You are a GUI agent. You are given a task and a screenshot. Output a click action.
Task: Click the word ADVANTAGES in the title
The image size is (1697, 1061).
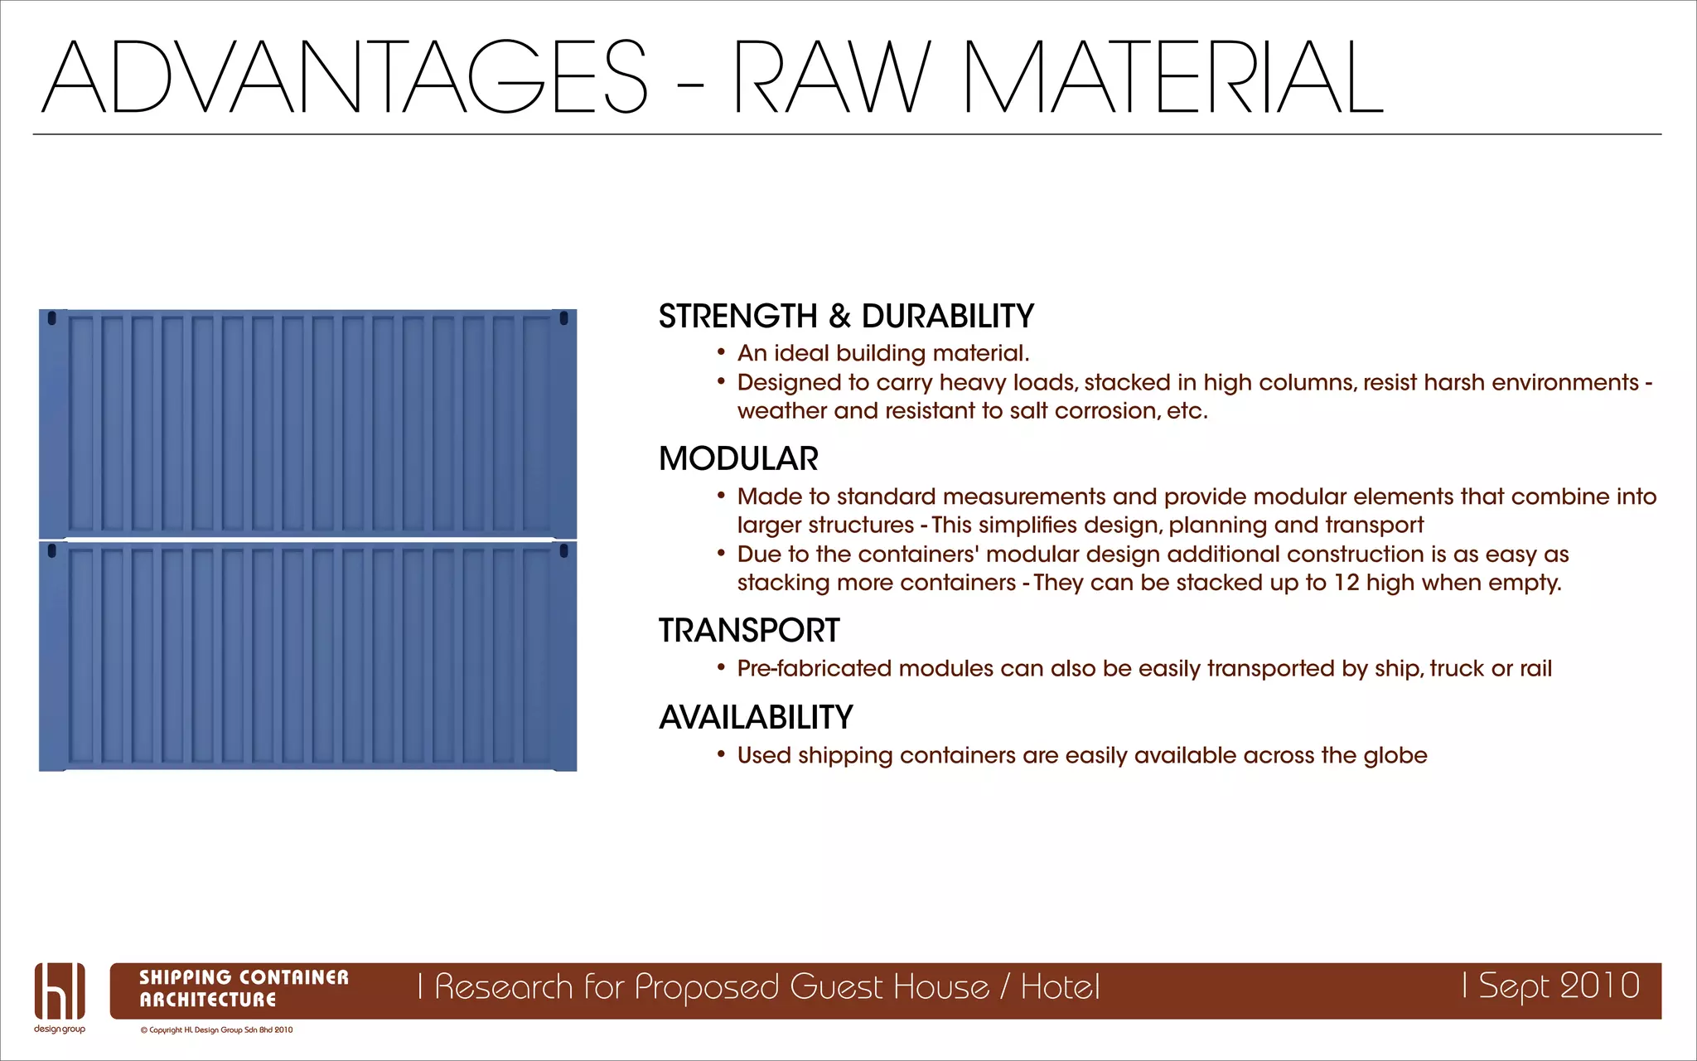pos(344,77)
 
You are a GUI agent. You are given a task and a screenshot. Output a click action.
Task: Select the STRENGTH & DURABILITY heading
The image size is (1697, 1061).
pos(846,317)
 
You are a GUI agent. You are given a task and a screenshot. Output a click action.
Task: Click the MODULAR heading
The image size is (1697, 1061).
pos(738,459)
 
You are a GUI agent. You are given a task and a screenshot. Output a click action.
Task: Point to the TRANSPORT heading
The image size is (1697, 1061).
pos(749,631)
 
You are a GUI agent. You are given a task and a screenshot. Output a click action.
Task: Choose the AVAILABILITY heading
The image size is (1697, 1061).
pos(756,718)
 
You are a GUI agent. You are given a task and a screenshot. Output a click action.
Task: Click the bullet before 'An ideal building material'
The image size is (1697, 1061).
pos(721,352)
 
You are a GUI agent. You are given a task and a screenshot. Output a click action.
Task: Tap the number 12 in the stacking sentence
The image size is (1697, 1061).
pos(1346,583)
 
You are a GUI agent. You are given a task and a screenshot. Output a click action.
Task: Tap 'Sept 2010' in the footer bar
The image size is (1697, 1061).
pos(1558,986)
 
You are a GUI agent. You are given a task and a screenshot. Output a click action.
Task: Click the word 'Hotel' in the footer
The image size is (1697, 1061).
pos(1060,987)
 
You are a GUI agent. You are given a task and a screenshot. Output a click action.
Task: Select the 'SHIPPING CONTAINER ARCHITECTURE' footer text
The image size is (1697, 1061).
pos(244,988)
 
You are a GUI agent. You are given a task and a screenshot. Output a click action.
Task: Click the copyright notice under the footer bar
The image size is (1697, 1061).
pos(216,1030)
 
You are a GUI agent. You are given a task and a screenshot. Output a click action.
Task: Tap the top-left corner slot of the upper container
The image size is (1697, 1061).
pos(52,318)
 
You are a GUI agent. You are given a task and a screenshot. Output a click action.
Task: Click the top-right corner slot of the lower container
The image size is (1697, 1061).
pos(564,551)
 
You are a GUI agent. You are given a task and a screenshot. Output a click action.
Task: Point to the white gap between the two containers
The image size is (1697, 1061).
pos(307,540)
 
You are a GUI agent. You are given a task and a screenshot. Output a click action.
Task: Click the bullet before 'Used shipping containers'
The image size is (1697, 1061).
pos(721,754)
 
